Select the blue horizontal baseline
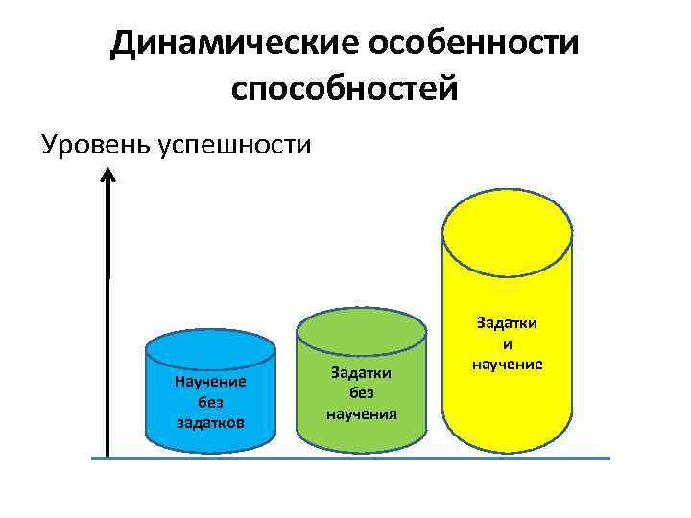point(350,459)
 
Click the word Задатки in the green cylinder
point(362,371)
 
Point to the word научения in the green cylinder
point(362,412)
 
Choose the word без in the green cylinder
point(362,391)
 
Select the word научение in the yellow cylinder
point(508,364)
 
